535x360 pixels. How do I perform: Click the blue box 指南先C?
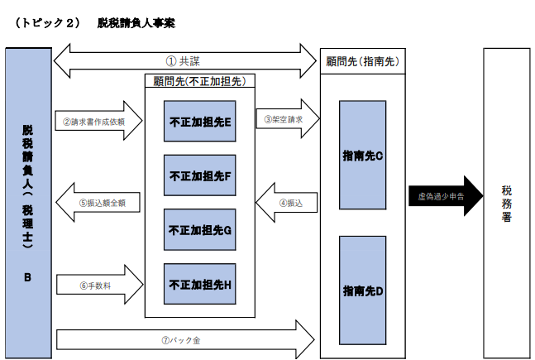point(361,155)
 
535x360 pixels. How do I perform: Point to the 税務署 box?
point(506,203)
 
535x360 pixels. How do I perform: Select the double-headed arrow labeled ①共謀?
point(185,60)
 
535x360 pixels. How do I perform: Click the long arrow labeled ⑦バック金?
point(185,339)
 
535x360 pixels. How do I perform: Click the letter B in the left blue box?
point(27,278)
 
